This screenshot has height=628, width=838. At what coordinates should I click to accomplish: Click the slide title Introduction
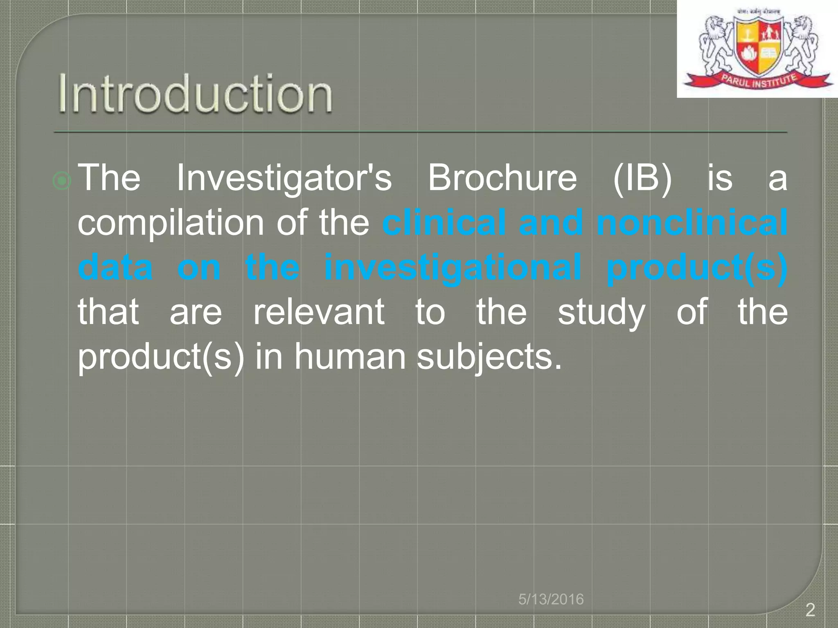click(x=195, y=94)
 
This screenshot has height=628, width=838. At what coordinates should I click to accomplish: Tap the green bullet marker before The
click(x=62, y=181)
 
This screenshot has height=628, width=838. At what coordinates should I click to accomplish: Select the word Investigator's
click(x=284, y=178)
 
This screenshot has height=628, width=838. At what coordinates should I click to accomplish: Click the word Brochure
click(x=502, y=178)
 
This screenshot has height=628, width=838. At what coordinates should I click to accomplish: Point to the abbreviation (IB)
click(x=642, y=178)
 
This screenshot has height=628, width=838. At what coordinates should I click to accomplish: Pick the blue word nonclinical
click(x=692, y=223)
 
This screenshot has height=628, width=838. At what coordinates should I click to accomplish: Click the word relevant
click(x=319, y=312)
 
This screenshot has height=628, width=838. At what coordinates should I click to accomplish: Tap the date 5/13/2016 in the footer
click(x=551, y=599)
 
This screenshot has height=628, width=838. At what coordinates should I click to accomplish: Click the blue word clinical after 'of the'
click(x=444, y=223)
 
